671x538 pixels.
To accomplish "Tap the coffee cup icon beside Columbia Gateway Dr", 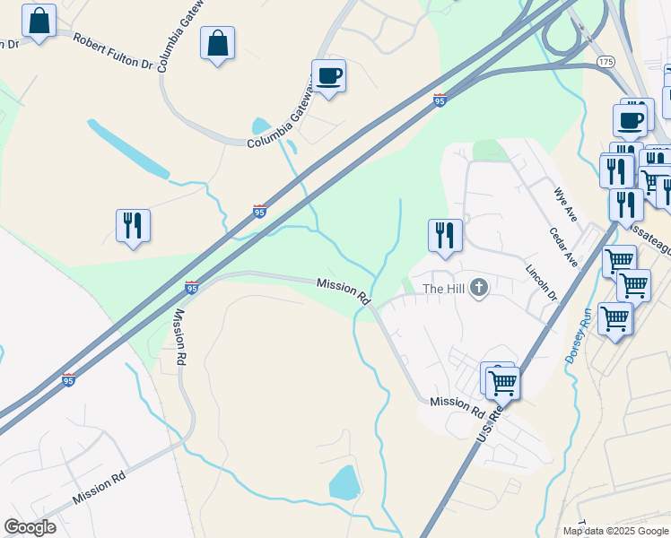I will [328, 76].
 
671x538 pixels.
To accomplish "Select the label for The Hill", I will [444, 289].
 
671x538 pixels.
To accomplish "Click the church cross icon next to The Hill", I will [479, 288].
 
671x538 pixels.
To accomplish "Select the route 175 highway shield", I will [606, 62].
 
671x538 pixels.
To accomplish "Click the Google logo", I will [30, 527].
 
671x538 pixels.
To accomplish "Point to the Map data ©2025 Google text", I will [615, 531].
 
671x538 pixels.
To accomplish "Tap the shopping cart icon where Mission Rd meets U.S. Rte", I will [502, 382].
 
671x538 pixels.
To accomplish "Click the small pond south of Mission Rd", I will [345, 482].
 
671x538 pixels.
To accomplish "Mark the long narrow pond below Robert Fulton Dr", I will [127, 148].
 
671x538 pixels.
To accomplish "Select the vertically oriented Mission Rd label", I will [180, 336].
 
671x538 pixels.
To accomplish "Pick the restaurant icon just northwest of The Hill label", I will [445, 235].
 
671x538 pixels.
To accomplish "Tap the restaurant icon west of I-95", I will [133, 225].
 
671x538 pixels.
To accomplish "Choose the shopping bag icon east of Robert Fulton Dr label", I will [217, 42].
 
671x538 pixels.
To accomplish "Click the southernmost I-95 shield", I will [69, 379].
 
